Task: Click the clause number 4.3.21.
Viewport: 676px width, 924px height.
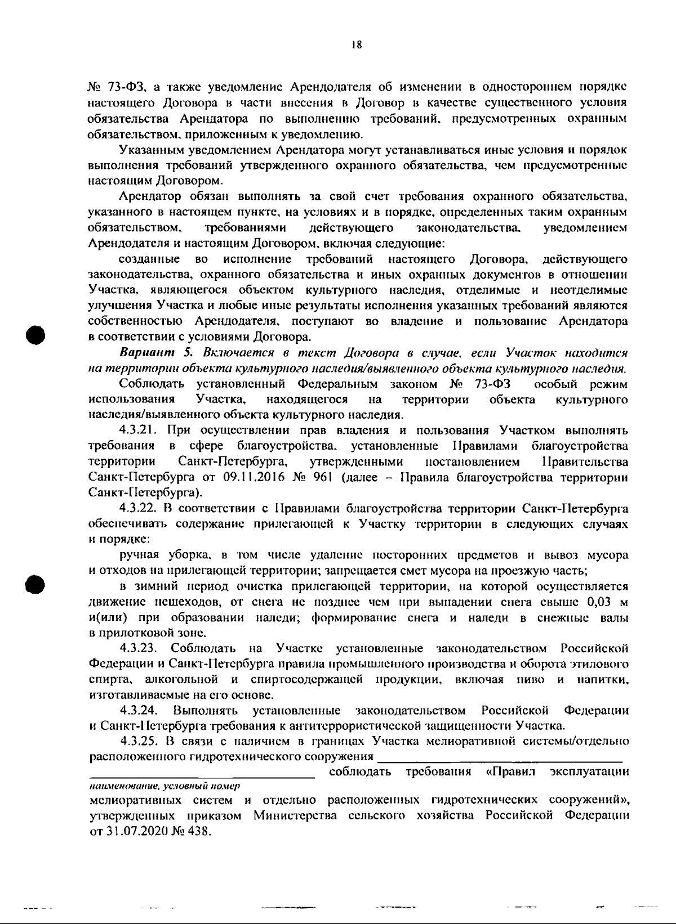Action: click(142, 430)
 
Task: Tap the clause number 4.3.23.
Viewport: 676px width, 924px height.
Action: click(142, 648)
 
